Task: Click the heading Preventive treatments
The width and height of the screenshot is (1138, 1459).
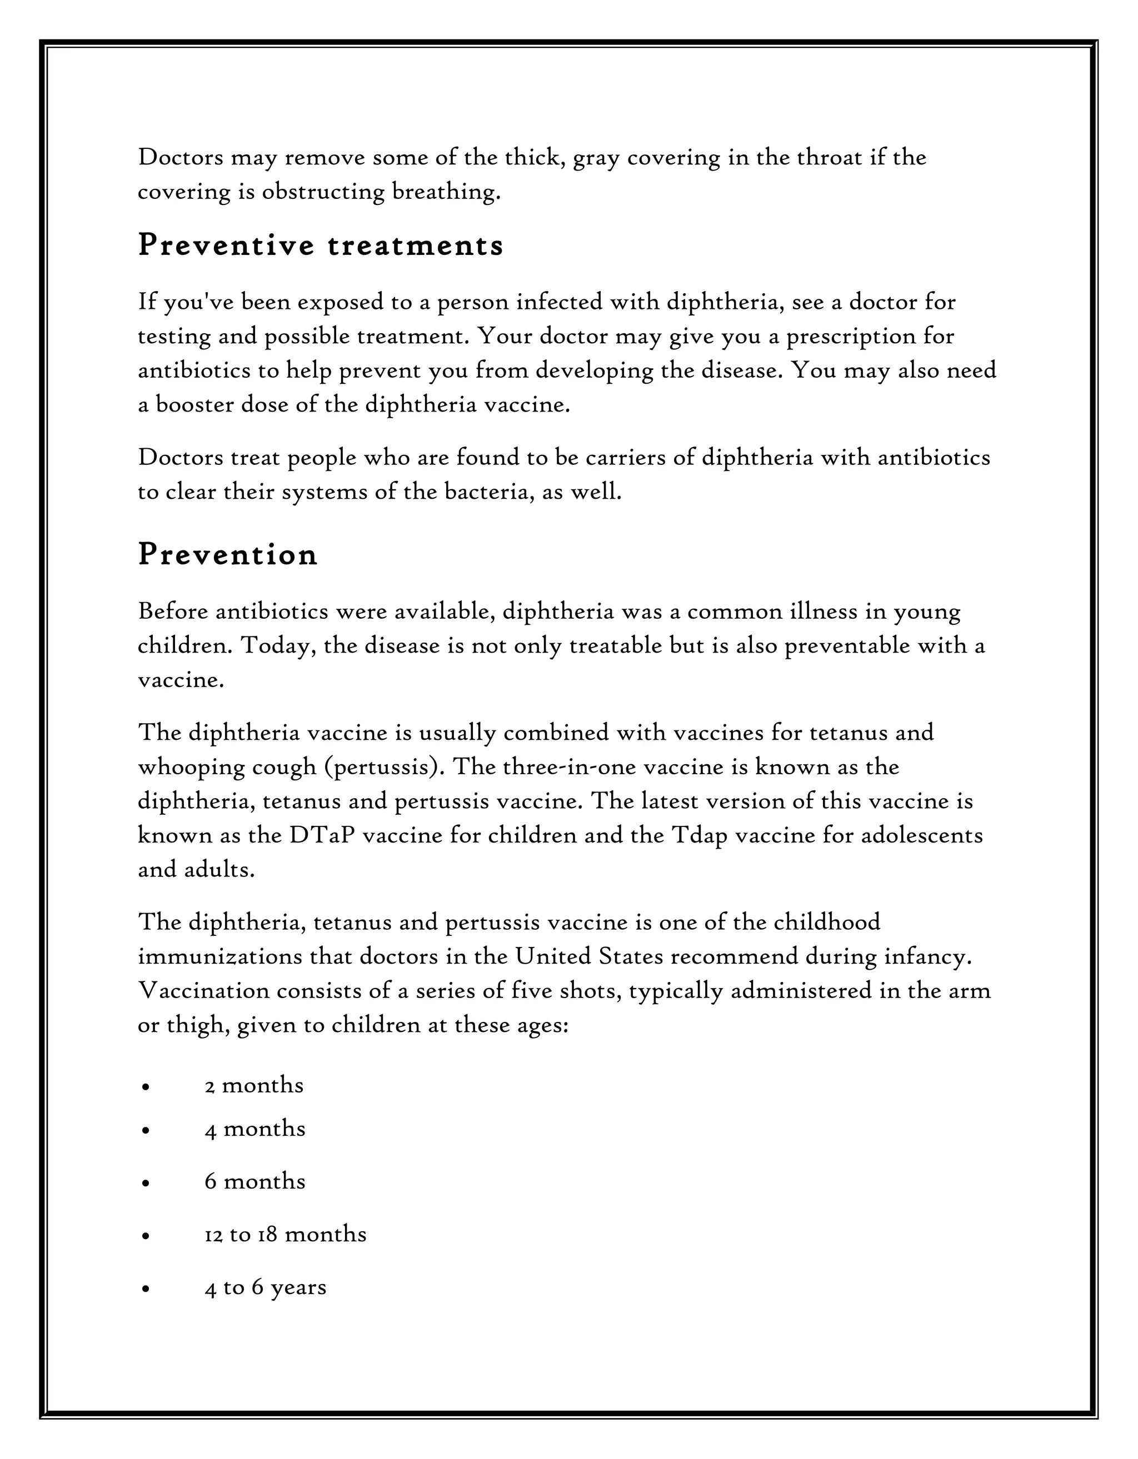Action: click(320, 246)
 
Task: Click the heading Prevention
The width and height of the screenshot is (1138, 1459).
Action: click(227, 555)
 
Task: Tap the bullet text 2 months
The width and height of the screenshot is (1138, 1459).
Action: click(254, 1085)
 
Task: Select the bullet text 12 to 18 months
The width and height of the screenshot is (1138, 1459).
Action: click(286, 1234)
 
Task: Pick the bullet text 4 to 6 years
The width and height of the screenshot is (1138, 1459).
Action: click(265, 1287)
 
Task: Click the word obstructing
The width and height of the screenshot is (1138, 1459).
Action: click(323, 192)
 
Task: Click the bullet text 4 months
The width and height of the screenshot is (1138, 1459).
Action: click(254, 1129)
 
